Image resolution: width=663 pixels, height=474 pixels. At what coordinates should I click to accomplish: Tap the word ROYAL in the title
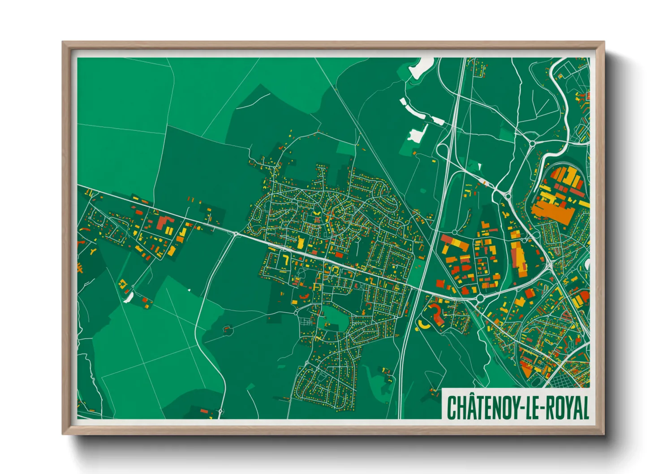566,407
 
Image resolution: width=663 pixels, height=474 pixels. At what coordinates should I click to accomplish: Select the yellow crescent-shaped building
422,324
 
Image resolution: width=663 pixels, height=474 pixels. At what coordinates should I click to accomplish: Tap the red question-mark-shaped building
436,313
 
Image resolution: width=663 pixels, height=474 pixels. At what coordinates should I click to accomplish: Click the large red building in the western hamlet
164,223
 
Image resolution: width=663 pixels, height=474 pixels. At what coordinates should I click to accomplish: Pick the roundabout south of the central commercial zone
480,298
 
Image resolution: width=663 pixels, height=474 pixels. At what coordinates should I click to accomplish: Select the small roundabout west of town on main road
236,233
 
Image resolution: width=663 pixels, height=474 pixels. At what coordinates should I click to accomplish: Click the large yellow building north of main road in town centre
301,243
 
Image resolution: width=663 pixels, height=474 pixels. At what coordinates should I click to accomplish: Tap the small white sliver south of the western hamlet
128,297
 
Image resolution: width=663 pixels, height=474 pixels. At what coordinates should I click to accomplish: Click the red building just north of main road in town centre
339,255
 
